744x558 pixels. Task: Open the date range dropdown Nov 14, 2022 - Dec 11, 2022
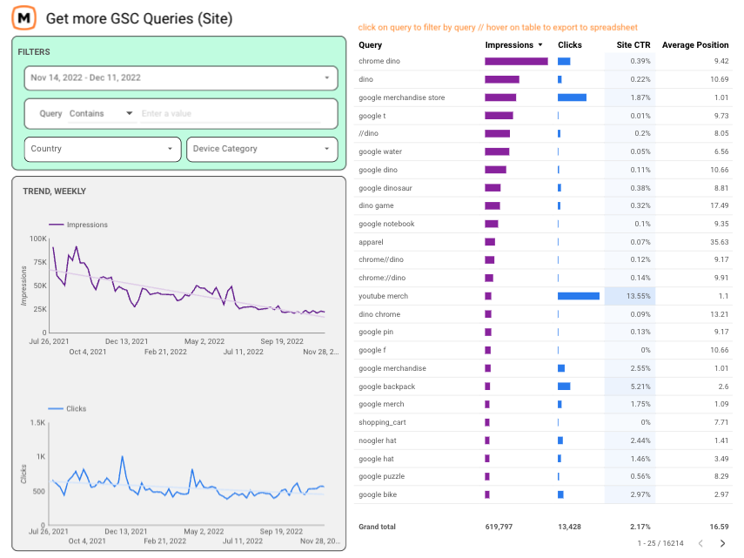coord(180,77)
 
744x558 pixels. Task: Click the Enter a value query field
coord(235,113)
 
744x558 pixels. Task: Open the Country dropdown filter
coord(103,149)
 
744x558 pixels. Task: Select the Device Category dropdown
coord(262,149)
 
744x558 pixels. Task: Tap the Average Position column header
coord(695,45)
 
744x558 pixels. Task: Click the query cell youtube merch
coord(383,296)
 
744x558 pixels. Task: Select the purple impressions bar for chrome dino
coord(516,61)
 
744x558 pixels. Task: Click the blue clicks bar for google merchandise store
coord(572,97)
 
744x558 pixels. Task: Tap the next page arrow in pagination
coord(721,544)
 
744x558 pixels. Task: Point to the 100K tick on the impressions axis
coord(37,239)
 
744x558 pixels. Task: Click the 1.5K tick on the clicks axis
coord(37,423)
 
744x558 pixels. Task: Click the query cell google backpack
coord(386,387)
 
